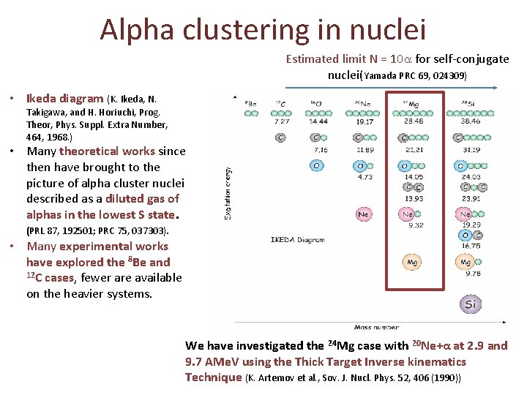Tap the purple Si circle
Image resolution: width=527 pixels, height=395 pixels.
(x=471, y=303)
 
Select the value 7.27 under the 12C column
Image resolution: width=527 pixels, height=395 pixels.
(x=281, y=122)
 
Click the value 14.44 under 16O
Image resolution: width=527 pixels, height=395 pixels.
(x=318, y=122)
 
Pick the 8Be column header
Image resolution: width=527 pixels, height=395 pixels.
(x=250, y=103)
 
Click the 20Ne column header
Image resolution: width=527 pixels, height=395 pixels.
(x=364, y=103)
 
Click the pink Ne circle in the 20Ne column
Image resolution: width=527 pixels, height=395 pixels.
(x=363, y=214)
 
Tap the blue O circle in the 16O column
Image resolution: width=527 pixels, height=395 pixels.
(x=317, y=165)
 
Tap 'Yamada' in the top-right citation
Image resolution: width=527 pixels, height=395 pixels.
(x=381, y=75)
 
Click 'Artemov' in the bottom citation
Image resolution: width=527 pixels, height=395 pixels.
(x=280, y=377)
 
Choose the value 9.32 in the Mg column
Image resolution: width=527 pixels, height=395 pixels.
(x=414, y=225)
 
